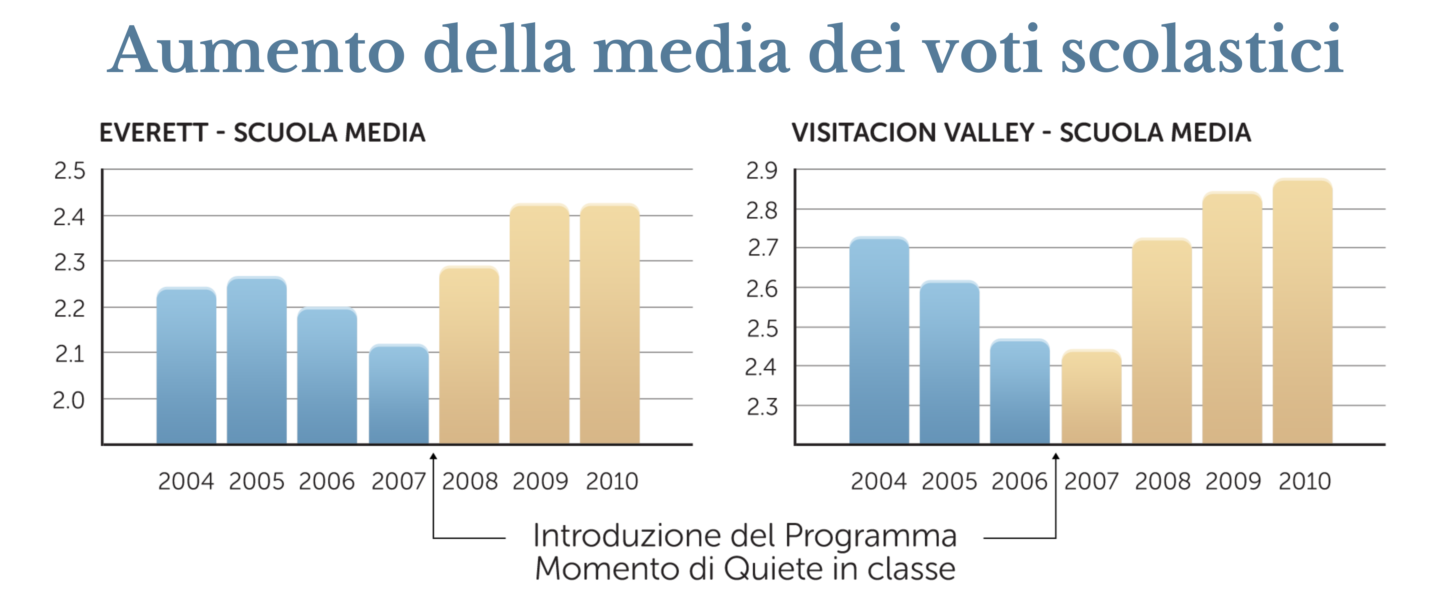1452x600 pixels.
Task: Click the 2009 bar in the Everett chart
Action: tap(540, 324)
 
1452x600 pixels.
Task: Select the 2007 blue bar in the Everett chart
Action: tap(398, 395)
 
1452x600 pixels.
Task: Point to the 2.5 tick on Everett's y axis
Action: tap(69, 170)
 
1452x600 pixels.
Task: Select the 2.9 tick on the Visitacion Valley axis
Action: tap(761, 170)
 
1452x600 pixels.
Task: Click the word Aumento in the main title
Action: tap(256, 51)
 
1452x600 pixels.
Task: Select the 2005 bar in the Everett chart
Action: tap(256, 361)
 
